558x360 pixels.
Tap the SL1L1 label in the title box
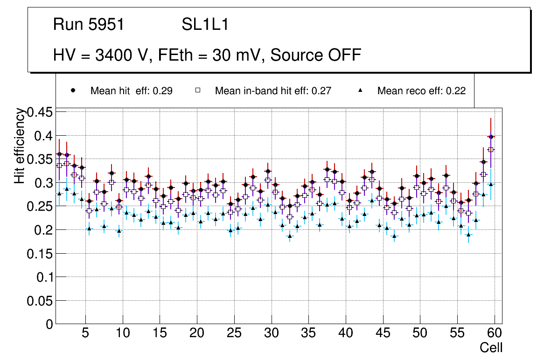pyautogui.click(x=205, y=25)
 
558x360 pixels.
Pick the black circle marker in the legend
pyautogui.click(x=73, y=91)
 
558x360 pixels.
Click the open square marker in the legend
pyautogui.click(x=198, y=91)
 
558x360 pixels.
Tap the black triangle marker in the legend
pyautogui.click(x=360, y=91)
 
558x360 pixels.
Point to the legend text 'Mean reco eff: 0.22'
pyautogui.click(x=421, y=91)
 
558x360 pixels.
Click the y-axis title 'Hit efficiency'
pyautogui.click(x=20, y=145)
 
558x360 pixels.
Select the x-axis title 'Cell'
pyautogui.click(x=491, y=347)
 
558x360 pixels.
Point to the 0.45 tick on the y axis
pyautogui.click(x=41, y=112)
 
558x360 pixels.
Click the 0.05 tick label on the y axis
pyautogui.click(x=41, y=301)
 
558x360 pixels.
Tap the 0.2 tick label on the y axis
pyautogui.click(x=45, y=230)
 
